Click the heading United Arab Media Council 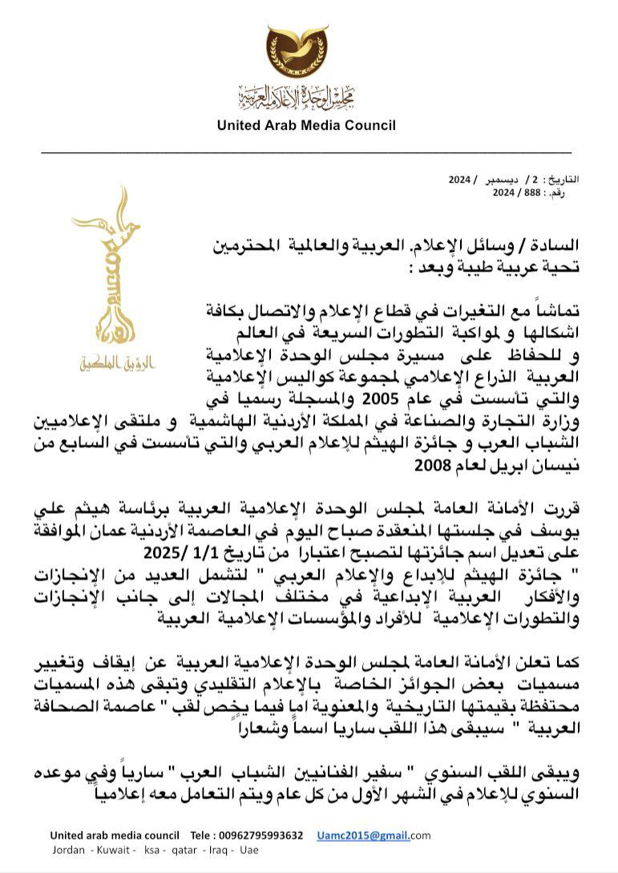click(307, 125)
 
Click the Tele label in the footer click(204, 835)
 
